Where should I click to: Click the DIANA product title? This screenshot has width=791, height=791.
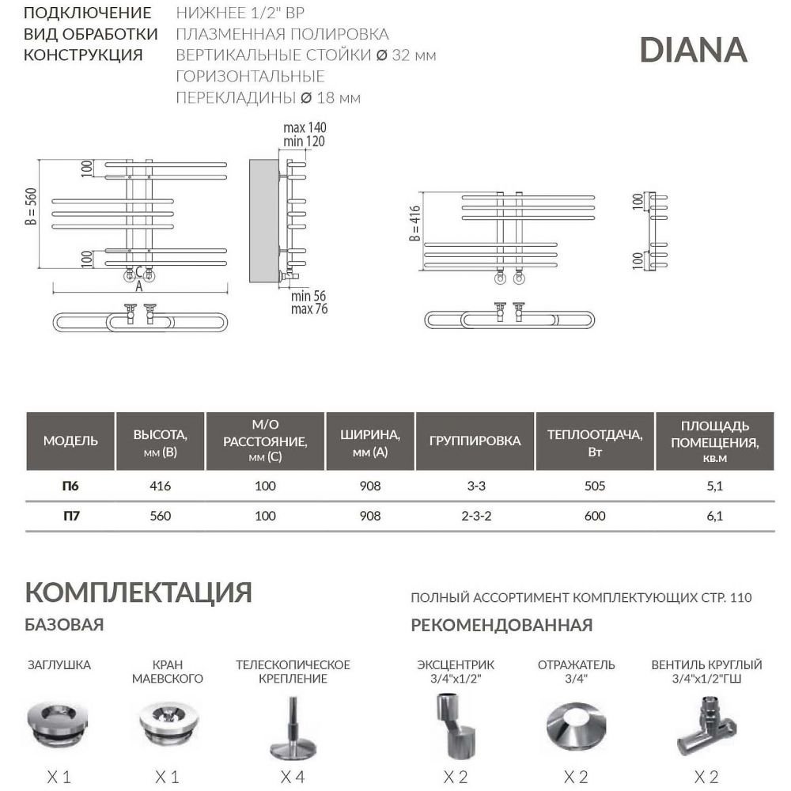[693, 50]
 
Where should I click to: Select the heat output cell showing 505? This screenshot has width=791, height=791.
[595, 486]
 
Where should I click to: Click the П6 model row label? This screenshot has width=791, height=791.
[70, 486]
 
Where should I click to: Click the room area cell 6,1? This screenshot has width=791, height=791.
[714, 516]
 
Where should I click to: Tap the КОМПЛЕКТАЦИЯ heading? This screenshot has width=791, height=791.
[138, 592]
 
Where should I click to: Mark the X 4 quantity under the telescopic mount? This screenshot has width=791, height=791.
[292, 777]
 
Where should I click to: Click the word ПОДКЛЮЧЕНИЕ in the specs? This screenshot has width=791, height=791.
[87, 13]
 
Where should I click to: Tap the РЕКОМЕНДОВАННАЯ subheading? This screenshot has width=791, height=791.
[501, 626]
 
